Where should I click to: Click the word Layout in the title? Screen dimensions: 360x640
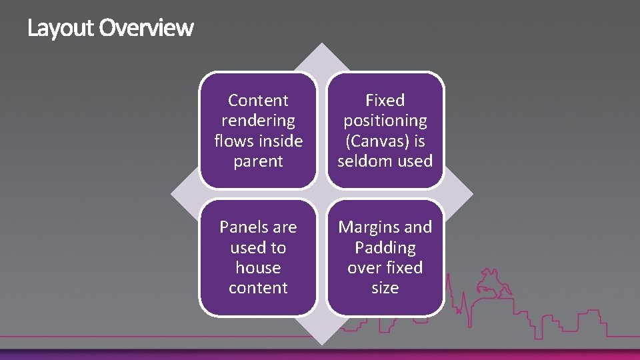(x=61, y=28)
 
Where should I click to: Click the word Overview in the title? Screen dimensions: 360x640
(x=147, y=28)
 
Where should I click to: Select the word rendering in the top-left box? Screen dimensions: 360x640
(x=258, y=121)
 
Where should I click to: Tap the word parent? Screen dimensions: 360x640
(x=258, y=161)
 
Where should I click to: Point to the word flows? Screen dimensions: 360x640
(x=234, y=141)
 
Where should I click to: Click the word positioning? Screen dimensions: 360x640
(x=385, y=121)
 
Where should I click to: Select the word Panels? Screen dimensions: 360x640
(x=244, y=227)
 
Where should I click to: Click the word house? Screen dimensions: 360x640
(x=258, y=268)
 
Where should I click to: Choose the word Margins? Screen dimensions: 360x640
(x=368, y=227)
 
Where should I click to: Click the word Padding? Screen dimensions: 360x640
(x=385, y=248)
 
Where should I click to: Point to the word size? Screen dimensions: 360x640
(x=385, y=288)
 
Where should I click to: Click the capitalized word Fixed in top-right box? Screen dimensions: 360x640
(x=385, y=101)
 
